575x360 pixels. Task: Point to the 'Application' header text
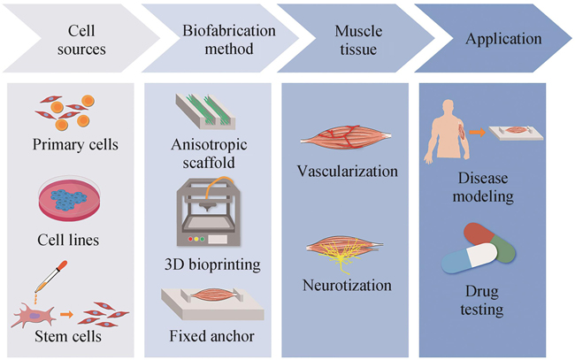[502, 39]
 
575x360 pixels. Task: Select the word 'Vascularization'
[349, 170]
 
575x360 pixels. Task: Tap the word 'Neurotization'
[349, 287]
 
